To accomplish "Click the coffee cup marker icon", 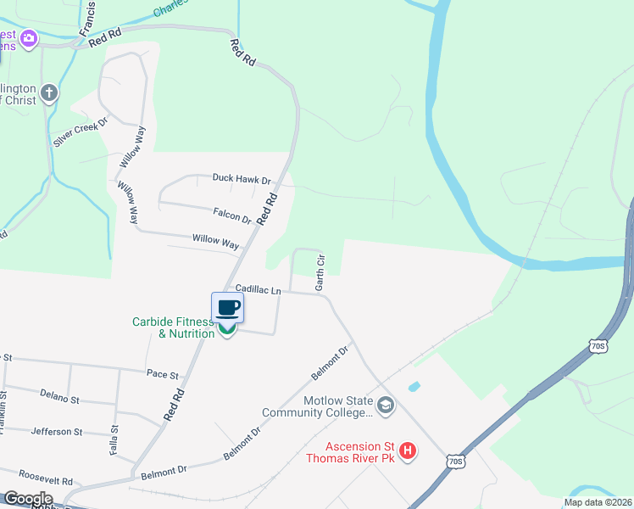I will [227, 307].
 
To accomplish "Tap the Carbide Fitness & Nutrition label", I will [173, 327].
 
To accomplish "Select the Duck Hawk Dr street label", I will [242, 180].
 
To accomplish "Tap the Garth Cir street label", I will [320, 271].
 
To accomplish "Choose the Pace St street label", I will [163, 373].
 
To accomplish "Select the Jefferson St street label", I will [56, 431].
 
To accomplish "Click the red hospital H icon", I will [408, 450].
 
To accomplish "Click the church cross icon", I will [49, 92].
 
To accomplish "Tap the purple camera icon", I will [29, 38].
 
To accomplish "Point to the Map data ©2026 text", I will [598, 502].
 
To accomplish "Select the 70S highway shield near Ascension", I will [455, 461].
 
